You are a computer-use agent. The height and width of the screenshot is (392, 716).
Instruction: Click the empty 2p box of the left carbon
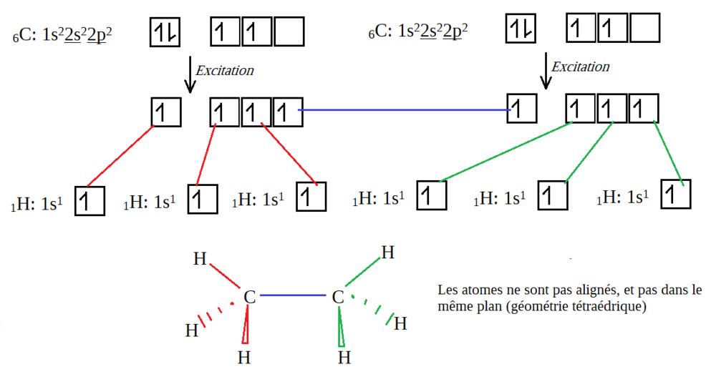pos(289,31)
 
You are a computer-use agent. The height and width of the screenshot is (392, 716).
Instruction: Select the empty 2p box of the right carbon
pos(644,29)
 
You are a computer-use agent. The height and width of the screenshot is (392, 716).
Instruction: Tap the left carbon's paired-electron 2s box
pos(164,31)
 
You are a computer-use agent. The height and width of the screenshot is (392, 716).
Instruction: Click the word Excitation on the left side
pos(225,71)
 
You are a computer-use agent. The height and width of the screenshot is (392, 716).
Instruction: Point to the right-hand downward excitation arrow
pos(546,72)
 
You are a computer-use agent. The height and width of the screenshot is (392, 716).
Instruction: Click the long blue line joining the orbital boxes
pos(405,110)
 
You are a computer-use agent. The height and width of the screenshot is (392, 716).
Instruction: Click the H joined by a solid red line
pos(200,258)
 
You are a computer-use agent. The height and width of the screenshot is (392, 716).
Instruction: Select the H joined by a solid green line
pos(387,253)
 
